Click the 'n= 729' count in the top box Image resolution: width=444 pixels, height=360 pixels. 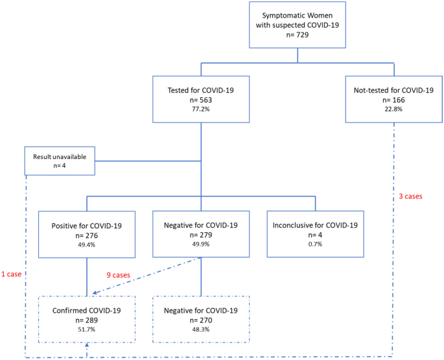[x=298, y=36]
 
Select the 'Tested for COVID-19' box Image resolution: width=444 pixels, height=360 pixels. [x=201, y=99]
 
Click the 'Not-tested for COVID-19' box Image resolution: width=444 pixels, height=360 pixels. [x=393, y=99]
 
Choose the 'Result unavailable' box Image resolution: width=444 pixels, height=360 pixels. [x=60, y=161]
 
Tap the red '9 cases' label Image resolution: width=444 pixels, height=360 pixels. [x=119, y=274]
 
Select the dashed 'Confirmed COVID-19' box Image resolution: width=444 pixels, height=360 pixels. [x=86, y=319]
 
